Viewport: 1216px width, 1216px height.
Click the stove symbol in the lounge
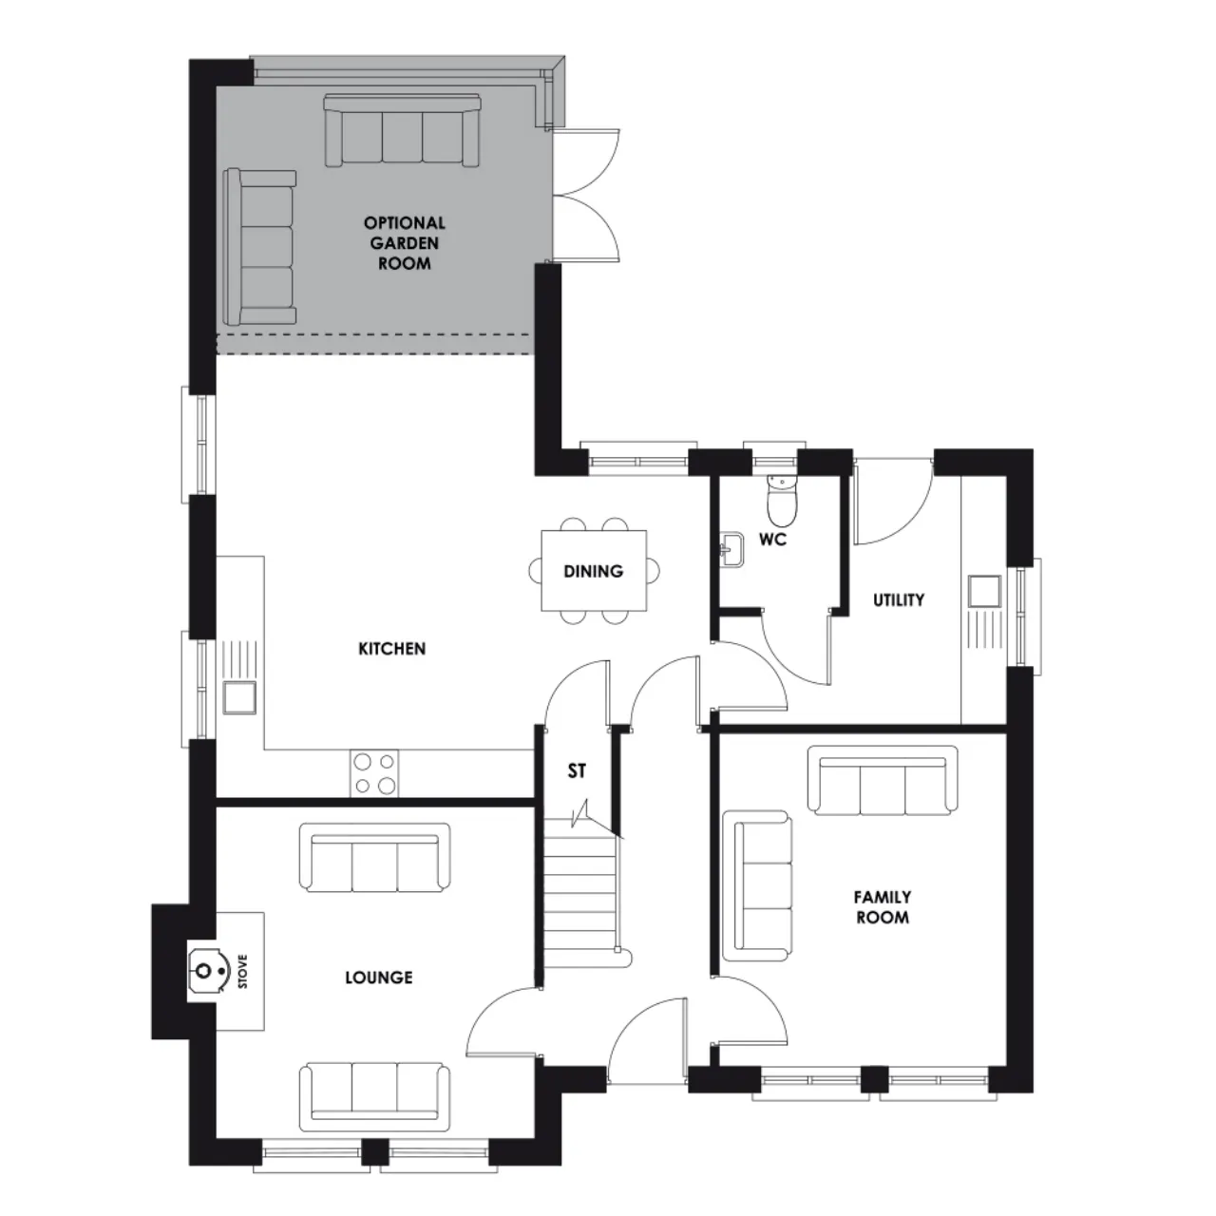pyautogui.click(x=206, y=971)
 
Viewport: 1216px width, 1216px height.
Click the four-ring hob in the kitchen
pyautogui.click(x=374, y=773)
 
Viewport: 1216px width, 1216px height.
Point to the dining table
pyautogui.click(x=594, y=570)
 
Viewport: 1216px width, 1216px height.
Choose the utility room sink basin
pyautogui.click(x=985, y=591)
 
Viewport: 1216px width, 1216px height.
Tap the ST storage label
pyautogui.click(x=577, y=770)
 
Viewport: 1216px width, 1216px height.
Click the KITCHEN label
pyautogui.click(x=391, y=649)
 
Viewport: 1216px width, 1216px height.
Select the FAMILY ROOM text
pyautogui.click(x=883, y=907)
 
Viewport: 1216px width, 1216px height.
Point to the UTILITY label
pyautogui.click(x=899, y=599)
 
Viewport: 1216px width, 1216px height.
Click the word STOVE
pyautogui.click(x=243, y=971)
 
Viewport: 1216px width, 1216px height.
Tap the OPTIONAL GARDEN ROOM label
pyautogui.click(x=405, y=243)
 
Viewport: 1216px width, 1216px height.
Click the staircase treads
pyautogui.click(x=579, y=893)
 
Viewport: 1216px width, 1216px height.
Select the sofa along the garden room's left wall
pyautogui.click(x=260, y=247)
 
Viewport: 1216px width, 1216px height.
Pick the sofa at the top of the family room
pyautogui.click(x=883, y=781)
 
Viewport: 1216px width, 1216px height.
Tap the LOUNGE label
pyautogui.click(x=379, y=978)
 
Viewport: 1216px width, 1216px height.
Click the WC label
pyautogui.click(x=773, y=540)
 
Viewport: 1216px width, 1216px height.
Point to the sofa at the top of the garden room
pyautogui.click(x=402, y=130)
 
